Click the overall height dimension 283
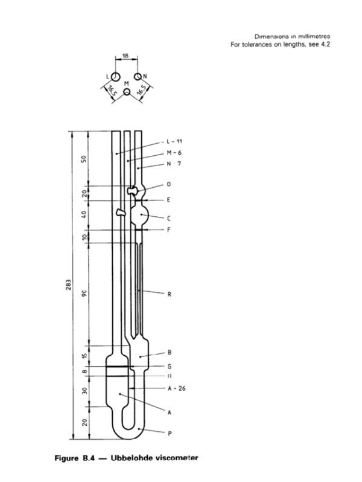coord(70,284)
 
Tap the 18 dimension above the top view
coord(125,55)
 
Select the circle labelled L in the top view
coord(113,77)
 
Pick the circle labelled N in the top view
coord(138,77)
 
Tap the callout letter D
coord(169,184)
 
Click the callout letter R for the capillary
coord(169,294)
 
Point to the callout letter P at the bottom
coord(169,433)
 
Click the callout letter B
coord(169,352)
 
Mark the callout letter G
coord(169,366)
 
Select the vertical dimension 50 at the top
coord(86,158)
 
